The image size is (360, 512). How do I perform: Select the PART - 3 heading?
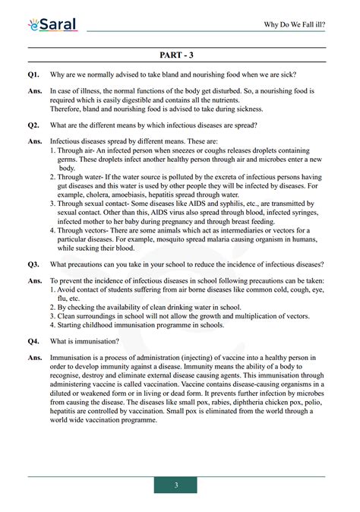(179, 56)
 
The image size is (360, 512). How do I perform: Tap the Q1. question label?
(33, 74)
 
